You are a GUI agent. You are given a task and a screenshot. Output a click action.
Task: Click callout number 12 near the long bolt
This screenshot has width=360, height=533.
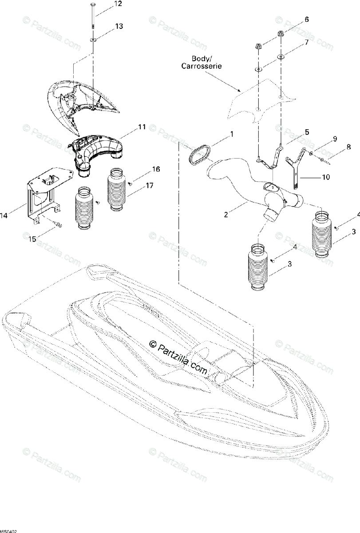[118, 4]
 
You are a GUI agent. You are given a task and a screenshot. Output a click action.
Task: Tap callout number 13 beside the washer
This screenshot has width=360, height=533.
[119, 26]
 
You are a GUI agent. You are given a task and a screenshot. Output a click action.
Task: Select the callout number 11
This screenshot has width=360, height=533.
[141, 127]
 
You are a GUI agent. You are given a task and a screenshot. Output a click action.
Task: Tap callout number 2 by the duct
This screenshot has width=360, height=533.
[226, 215]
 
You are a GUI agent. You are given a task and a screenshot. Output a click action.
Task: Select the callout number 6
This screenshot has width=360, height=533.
[306, 20]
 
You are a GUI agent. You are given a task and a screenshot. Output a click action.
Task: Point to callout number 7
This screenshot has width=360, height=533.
[306, 43]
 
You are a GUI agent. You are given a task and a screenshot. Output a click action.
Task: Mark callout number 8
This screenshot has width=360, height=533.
[348, 147]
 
